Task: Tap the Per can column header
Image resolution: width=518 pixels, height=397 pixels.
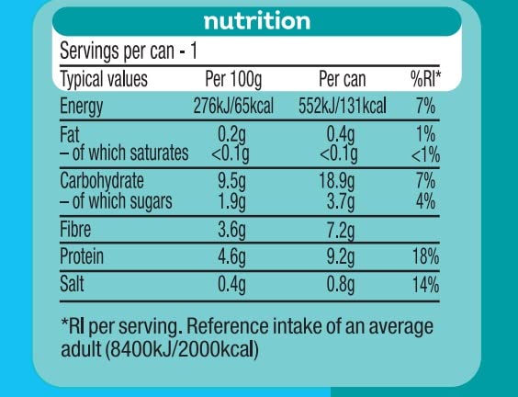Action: point(342,79)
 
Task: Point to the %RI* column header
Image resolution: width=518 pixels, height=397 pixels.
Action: point(423,79)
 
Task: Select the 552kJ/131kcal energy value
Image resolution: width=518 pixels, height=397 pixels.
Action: point(342,107)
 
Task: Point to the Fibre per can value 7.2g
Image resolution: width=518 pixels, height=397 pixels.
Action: point(341,230)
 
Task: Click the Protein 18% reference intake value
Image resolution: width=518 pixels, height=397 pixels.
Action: point(424,258)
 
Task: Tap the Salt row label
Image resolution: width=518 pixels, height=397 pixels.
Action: point(73,285)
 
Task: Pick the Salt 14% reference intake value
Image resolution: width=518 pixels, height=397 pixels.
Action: point(424,285)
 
